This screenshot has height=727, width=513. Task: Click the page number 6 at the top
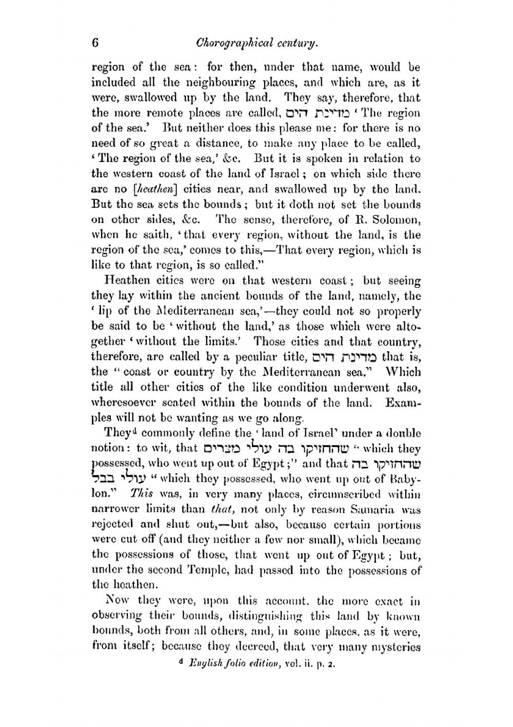click(95, 43)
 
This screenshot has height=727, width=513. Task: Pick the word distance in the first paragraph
click(217, 144)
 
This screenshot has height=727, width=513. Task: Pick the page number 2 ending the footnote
click(332, 664)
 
